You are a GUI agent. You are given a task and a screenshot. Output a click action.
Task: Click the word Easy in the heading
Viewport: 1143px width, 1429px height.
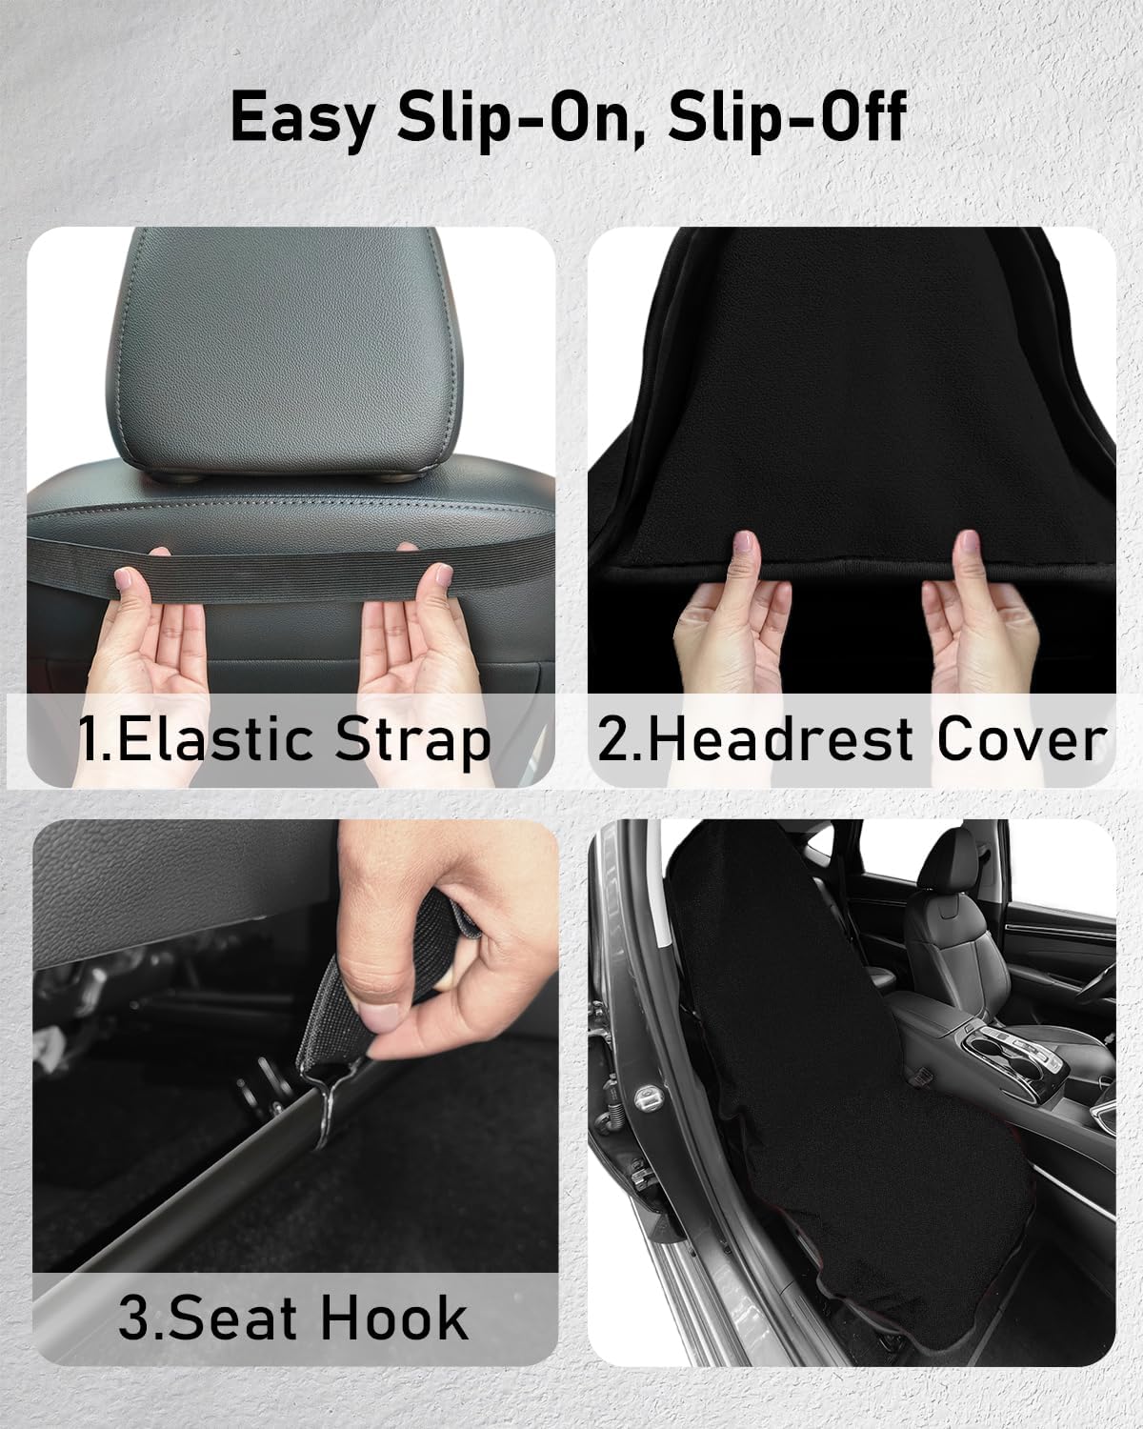click(x=303, y=118)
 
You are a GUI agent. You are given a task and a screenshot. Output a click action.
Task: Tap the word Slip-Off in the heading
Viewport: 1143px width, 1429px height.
click(x=788, y=116)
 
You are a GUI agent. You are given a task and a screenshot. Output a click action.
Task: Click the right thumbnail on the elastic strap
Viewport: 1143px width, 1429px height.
click(x=443, y=574)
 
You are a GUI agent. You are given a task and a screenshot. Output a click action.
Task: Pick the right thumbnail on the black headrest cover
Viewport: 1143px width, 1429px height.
click(x=970, y=542)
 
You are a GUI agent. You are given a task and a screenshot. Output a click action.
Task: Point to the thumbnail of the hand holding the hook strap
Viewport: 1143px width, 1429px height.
click(x=382, y=1016)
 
